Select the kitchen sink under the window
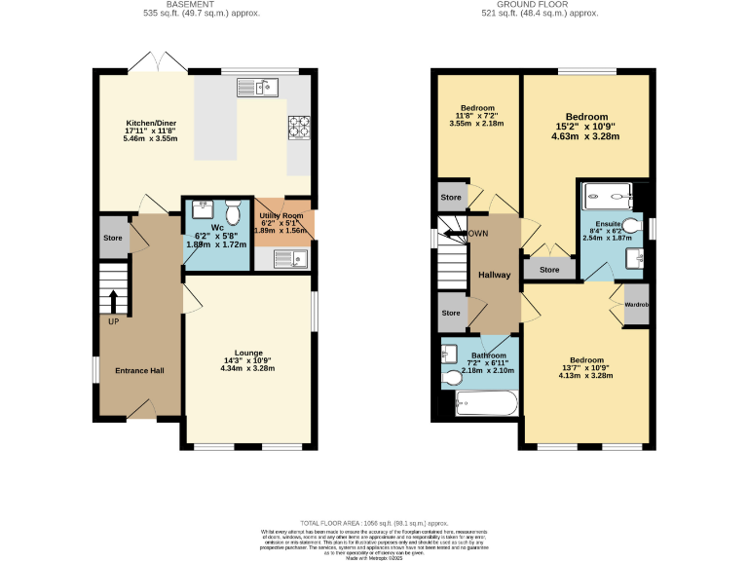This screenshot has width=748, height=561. tap(257, 88)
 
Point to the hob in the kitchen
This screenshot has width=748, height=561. tap(297, 127)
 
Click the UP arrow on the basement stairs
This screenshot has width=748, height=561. tap(114, 302)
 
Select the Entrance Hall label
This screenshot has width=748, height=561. tap(140, 370)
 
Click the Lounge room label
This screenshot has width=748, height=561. tap(248, 353)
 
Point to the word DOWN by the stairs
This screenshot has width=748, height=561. tap(477, 234)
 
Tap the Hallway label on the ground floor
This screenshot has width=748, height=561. tap(494, 276)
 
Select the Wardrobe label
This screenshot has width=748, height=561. tap(637, 305)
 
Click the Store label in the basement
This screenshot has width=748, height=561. tap(114, 237)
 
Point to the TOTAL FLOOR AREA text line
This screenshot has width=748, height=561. tap(373, 523)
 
